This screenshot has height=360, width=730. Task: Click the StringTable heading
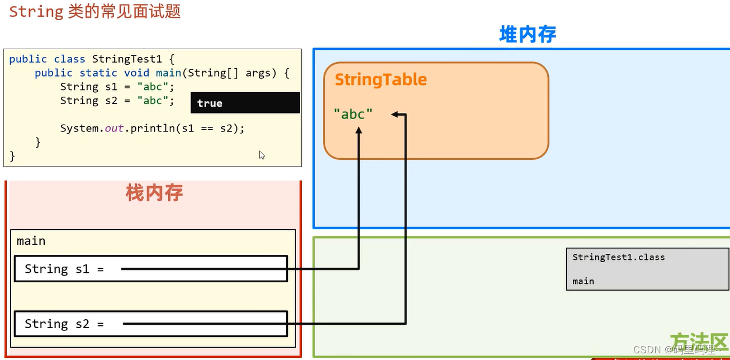pyautogui.click(x=381, y=80)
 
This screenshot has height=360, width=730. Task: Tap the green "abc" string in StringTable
pyautogui.click(x=353, y=115)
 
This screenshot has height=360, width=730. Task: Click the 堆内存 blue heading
pyautogui.click(x=528, y=35)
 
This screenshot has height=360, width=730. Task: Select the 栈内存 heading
pyautogui.click(x=154, y=193)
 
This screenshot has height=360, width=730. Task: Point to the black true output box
pyautogui.click(x=245, y=103)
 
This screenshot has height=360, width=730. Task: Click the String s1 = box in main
pyautogui.click(x=151, y=269)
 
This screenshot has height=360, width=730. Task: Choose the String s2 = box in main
pyautogui.click(x=151, y=324)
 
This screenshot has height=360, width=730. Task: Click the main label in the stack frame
pyautogui.click(x=31, y=241)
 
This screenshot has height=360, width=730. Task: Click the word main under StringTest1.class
pyautogui.click(x=583, y=281)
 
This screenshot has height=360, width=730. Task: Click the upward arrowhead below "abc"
pyautogui.click(x=359, y=130)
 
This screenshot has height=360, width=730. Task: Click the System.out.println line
pyautogui.click(x=152, y=129)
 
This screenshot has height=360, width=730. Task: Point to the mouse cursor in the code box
pyautogui.click(x=262, y=155)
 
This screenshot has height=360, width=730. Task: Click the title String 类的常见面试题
pyautogui.click(x=95, y=12)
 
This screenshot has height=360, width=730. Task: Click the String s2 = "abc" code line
pyautogui.click(x=117, y=101)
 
